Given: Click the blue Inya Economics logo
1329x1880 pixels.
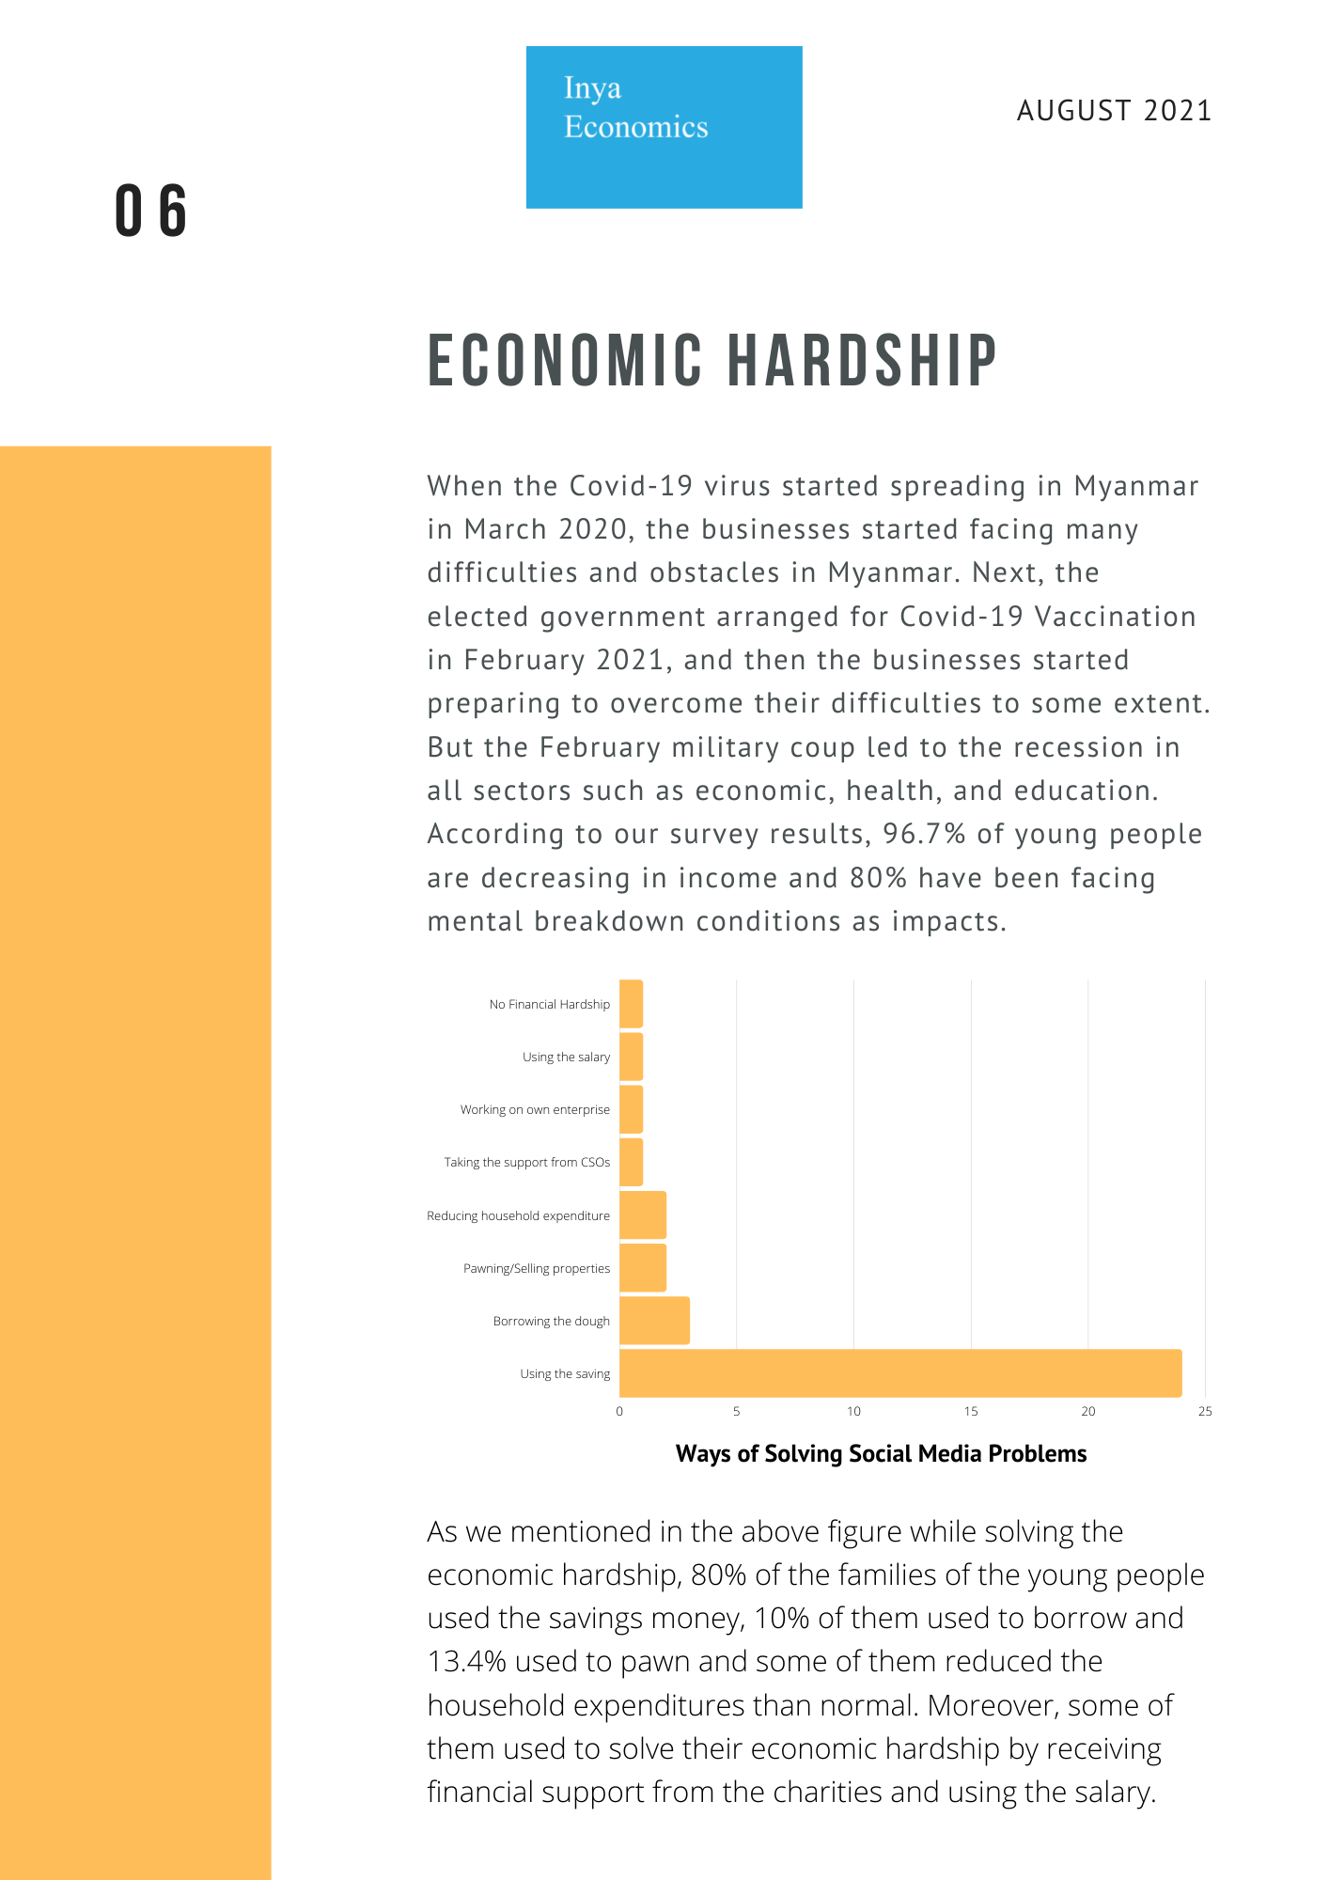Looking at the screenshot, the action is (664, 127).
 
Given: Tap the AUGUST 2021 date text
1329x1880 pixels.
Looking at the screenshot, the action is (1114, 111).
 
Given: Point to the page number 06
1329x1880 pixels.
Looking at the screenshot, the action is (151, 211).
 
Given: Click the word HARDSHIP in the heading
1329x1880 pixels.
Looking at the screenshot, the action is (862, 360).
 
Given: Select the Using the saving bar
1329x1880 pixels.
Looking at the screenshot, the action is (900, 1373).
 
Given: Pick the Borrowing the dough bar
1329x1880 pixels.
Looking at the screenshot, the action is (654, 1321).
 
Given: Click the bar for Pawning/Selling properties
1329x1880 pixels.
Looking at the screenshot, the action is (643, 1268).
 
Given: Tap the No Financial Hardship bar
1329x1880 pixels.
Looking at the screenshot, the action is (631, 1004).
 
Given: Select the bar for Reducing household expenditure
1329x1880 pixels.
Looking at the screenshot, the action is (643, 1215).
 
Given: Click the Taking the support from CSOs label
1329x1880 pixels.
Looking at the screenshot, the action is (527, 1163).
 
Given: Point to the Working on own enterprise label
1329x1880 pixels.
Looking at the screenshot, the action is (535, 1110).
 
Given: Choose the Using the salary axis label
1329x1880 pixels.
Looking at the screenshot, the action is (566, 1057).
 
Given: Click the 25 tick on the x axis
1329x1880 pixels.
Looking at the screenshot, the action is (1205, 1411).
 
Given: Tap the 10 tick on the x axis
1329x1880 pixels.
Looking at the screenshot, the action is (853, 1411).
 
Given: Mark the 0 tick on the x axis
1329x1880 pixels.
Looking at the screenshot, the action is (619, 1411).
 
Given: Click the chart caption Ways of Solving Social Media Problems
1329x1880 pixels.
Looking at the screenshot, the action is (881, 1454).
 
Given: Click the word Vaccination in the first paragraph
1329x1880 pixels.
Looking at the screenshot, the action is (1116, 617).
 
